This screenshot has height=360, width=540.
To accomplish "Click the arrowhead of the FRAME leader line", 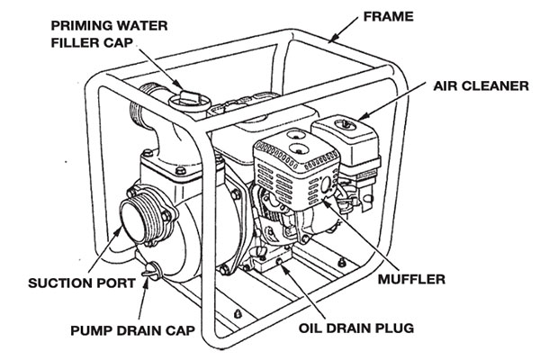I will pos(331,40).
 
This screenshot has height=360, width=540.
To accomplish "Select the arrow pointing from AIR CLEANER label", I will pos(363,117).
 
